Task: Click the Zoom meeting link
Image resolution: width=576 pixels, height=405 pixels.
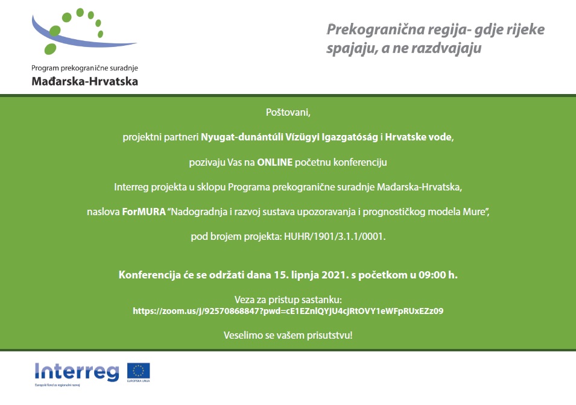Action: click(x=288, y=311)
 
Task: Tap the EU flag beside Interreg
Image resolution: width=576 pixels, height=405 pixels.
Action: click(x=139, y=371)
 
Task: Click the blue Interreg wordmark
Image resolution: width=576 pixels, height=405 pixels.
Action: click(x=77, y=372)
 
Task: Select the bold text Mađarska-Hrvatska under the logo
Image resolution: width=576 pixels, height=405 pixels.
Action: click(x=85, y=81)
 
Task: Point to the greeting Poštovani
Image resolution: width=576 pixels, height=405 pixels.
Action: click(x=288, y=112)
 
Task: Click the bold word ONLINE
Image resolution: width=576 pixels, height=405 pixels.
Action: click(x=275, y=162)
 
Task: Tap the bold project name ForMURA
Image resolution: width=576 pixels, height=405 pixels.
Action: click(x=144, y=212)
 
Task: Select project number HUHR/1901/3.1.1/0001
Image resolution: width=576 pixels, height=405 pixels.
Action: click(x=334, y=236)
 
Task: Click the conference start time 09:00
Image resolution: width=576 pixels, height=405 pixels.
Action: click(x=432, y=275)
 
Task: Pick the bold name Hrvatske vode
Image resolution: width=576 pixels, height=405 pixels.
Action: click(x=418, y=137)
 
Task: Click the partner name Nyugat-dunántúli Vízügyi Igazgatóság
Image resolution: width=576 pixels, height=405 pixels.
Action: click(x=289, y=137)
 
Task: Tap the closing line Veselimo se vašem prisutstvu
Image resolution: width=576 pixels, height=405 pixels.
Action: click(x=288, y=335)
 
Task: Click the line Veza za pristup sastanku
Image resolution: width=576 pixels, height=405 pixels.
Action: click(x=288, y=300)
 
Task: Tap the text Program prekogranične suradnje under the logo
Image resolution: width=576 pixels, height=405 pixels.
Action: click(x=84, y=68)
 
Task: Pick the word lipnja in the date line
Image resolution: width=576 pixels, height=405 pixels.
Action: click(x=305, y=275)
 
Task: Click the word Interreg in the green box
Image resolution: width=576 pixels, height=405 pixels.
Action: click(x=131, y=187)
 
